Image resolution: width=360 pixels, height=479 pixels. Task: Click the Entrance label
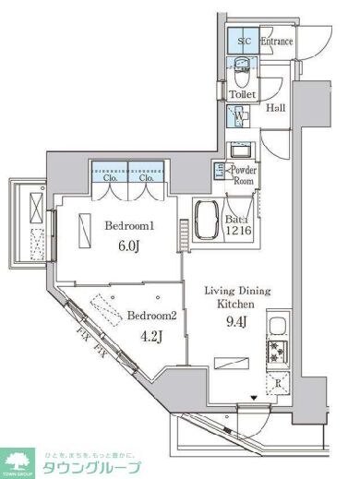[276, 42]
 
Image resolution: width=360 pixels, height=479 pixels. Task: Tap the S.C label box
[244, 42]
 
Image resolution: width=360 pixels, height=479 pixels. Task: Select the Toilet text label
[243, 95]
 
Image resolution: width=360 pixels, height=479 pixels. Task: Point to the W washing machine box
[240, 117]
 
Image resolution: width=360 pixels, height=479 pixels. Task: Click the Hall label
[275, 109]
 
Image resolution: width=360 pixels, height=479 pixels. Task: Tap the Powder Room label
[243, 175]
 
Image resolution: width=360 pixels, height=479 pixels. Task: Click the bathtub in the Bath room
[205, 224]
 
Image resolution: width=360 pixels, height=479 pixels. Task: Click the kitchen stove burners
[275, 352]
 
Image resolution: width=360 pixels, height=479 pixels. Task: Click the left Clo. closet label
[109, 178]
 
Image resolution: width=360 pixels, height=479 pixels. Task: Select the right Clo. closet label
[146, 178]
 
